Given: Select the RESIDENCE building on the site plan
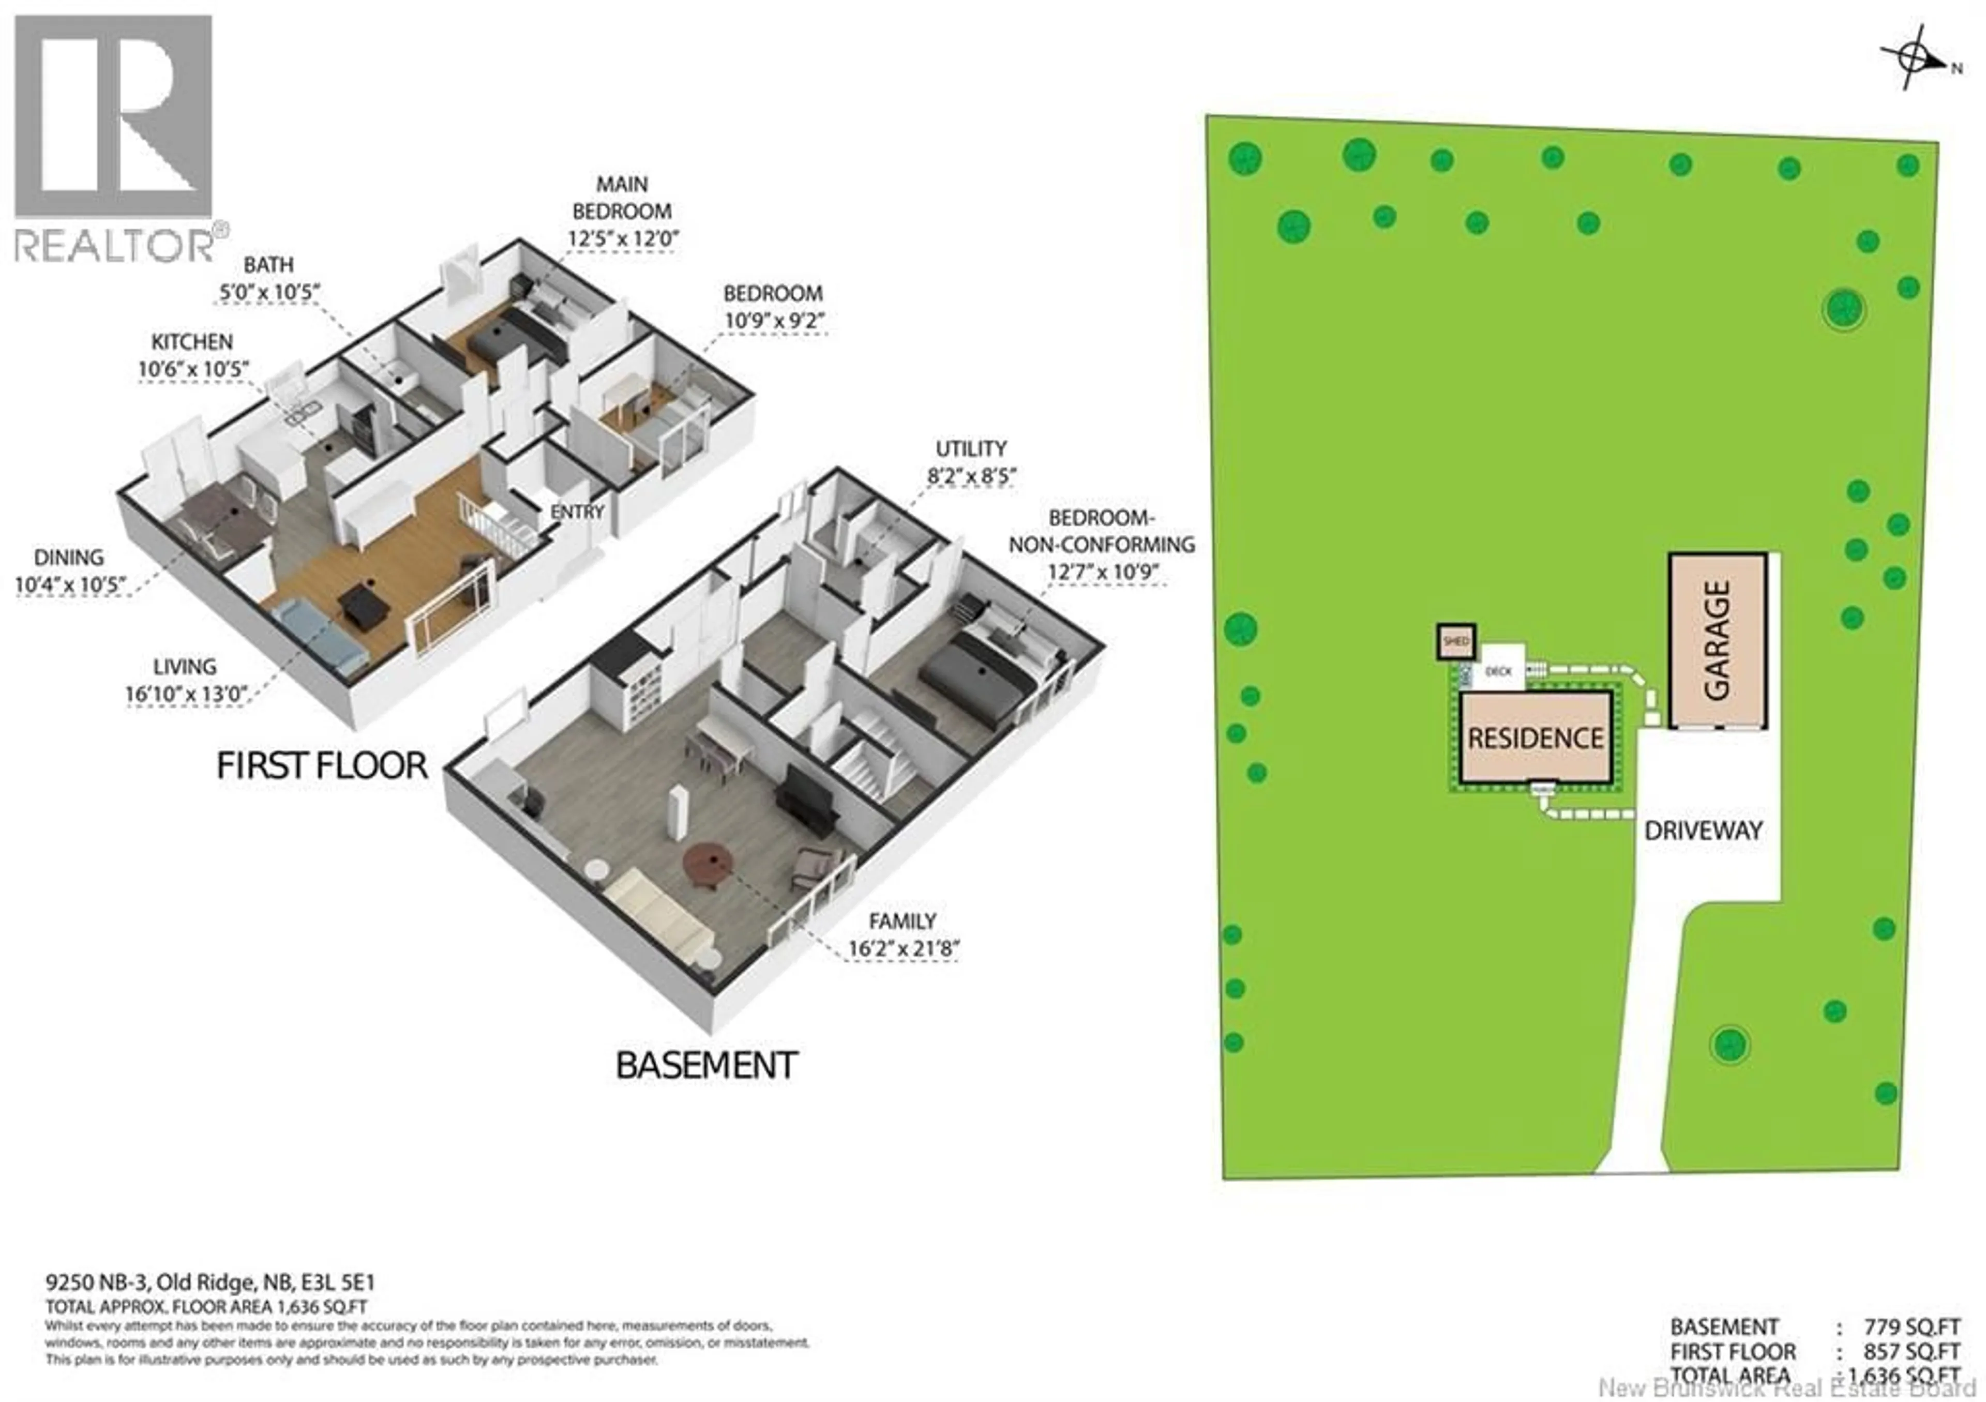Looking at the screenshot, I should (1536, 738).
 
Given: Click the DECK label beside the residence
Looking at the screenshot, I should (1498, 671).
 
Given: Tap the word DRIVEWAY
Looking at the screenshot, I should (1702, 831).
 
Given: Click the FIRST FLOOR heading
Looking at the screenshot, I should (322, 765).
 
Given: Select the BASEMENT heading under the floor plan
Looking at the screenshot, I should (706, 1065).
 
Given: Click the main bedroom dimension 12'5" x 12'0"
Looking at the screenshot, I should (623, 238).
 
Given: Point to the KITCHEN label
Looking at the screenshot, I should (192, 342).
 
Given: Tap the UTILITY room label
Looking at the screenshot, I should (971, 449).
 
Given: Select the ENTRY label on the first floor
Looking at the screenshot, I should (577, 512).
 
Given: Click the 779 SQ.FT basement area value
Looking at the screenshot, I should (1899, 1326).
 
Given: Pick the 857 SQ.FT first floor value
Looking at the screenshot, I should (1899, 1351).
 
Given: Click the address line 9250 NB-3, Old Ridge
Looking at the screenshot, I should (210, 1283).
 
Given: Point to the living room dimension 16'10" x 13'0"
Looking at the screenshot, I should (185, 693).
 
